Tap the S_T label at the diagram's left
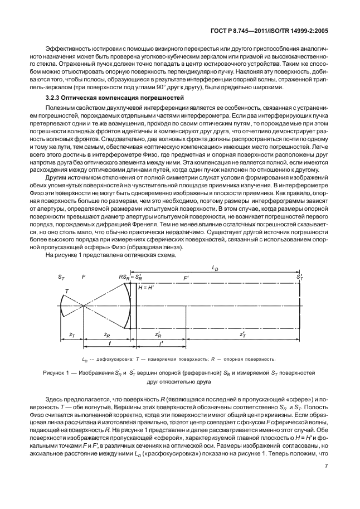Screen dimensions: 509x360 click(x=61, y=277)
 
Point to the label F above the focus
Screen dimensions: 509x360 click(x=83, y=277)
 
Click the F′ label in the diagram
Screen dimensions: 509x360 click(x=186, y=277)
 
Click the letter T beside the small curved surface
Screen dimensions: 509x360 click(x=67, y=291)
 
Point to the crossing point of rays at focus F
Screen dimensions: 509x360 click(x=82, y=306)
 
